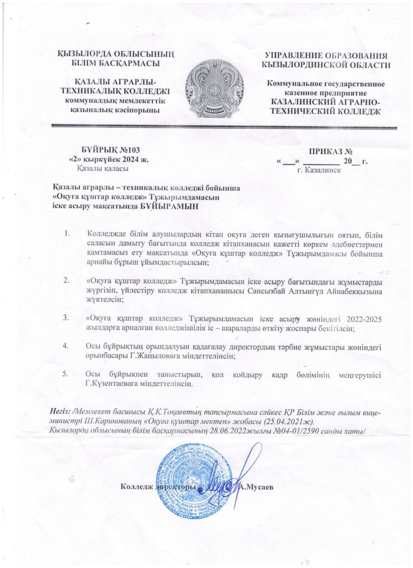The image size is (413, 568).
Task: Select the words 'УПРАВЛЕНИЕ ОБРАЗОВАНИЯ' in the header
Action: point(325,56)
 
